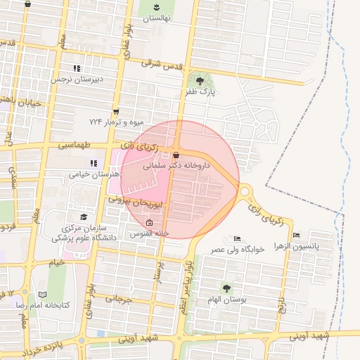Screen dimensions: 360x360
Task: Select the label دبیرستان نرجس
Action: point(76,79)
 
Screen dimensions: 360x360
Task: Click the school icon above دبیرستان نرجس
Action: point(77,68)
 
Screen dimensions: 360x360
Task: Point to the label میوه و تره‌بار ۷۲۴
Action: point(116,122)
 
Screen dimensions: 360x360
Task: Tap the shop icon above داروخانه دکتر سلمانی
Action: point(176,155)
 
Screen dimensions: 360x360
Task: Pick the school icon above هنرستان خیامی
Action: point(94,163)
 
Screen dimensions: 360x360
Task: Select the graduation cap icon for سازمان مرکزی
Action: point(84,217)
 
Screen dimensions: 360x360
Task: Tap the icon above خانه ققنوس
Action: point(148,222)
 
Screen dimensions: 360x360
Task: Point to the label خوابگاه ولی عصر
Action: point(235,249)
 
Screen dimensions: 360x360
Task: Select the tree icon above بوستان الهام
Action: point(226,288)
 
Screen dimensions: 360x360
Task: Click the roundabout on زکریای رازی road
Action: point(245,191)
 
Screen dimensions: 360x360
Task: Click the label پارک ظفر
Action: point(200,91)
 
